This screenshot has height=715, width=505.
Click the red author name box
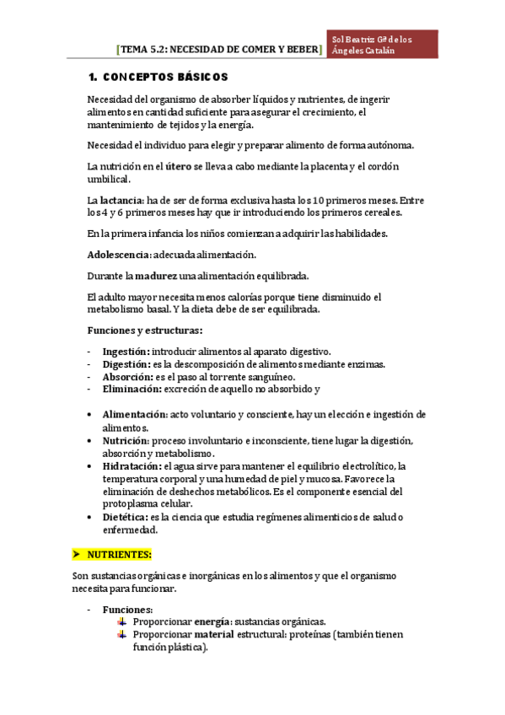pos(384,45)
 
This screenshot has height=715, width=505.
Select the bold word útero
pos(178,166)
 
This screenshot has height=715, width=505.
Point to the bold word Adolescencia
pos(118,254)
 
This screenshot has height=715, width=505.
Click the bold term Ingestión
pos(126,352)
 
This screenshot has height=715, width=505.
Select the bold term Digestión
pos(126,364)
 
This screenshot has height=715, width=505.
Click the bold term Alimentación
pos(134,415)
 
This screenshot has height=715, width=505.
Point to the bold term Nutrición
pos(125,440)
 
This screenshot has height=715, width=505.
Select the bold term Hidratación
pos(132,465)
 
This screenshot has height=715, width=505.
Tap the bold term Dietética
pos(125,517)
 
